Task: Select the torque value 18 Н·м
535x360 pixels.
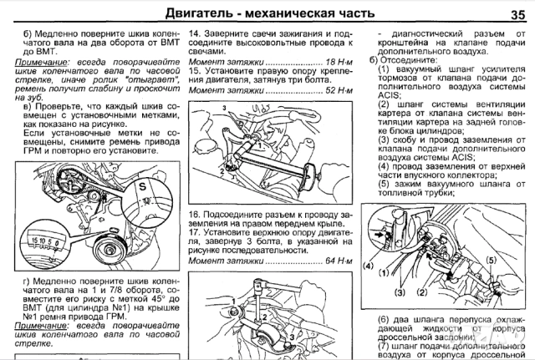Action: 334,63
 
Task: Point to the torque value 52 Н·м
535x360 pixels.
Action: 334,90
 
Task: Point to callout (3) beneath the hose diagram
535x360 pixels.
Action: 401,293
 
